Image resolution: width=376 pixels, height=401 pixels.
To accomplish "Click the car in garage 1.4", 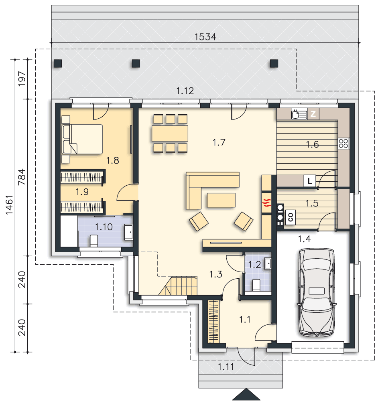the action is tap(316, 292).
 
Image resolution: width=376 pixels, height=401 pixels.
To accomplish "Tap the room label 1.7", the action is tap(219, 142).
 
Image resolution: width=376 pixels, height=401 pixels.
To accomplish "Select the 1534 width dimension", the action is tap(205, 37).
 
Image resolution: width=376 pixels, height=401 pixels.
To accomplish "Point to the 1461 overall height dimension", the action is tap(9, 205).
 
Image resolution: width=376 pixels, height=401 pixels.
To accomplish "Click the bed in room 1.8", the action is tap(82, 139).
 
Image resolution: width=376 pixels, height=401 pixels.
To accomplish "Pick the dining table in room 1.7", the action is tap(170, 133).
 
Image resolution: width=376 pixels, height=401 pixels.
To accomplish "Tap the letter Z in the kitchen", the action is tap(313, 114).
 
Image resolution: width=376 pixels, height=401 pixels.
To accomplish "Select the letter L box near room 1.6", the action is tap(310, 181).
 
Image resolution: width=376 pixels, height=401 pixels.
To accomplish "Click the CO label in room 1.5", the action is tap(290, 217).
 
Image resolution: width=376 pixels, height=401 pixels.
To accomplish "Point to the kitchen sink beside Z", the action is tap(299, 114).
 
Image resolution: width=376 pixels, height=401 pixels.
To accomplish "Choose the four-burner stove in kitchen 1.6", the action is tap(343, 144).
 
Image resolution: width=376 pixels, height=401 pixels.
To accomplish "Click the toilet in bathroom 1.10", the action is tap(93, 240).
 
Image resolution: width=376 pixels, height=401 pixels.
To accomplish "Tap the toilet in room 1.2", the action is tap(256, 285).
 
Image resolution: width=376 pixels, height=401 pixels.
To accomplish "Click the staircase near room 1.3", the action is tap(179, 286).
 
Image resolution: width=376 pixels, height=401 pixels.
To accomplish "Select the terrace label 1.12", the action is tap(185, 91).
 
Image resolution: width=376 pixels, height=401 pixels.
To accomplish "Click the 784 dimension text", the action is tap(22, 177).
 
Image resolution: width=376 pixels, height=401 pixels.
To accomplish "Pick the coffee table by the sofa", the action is tap(221, 200).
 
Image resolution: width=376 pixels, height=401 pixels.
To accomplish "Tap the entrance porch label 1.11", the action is tap(226, 367).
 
